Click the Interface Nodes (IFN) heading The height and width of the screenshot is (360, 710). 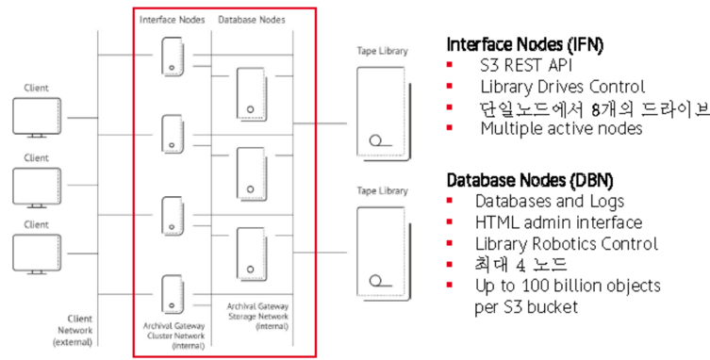[x=524, y=44]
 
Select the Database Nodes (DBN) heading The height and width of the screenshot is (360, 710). [x=529, y=179]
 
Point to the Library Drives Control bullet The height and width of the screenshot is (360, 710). [x=562, y=87]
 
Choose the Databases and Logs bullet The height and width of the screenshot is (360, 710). [x=549, y=201]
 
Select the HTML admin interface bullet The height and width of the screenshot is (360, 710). [x=558, y=222]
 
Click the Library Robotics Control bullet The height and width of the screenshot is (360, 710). [x=566, y=243]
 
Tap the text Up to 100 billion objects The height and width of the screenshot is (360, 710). [x=567, y=286]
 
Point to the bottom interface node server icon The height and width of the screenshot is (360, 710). [x=173, y=293]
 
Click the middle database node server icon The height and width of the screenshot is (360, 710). [x=250, y=172]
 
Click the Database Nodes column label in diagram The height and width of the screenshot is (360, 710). [x=251, y=19]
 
